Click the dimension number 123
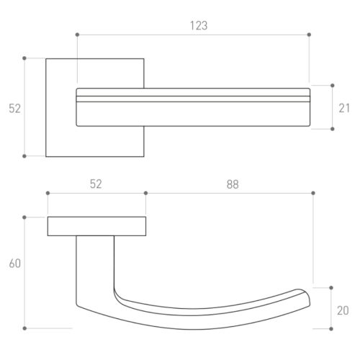tap(199, 26)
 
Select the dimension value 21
tap(344, 108)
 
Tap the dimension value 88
tap(233, 184)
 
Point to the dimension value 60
tap(15, 264)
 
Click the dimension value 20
tap(343, 310)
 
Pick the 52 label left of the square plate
tap(15, 109)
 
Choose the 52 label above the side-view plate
tap(96, 184)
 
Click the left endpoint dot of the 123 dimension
tap(77, 35)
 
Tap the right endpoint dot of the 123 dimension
tap(309, 35)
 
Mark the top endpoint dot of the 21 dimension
tap(333, 86)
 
